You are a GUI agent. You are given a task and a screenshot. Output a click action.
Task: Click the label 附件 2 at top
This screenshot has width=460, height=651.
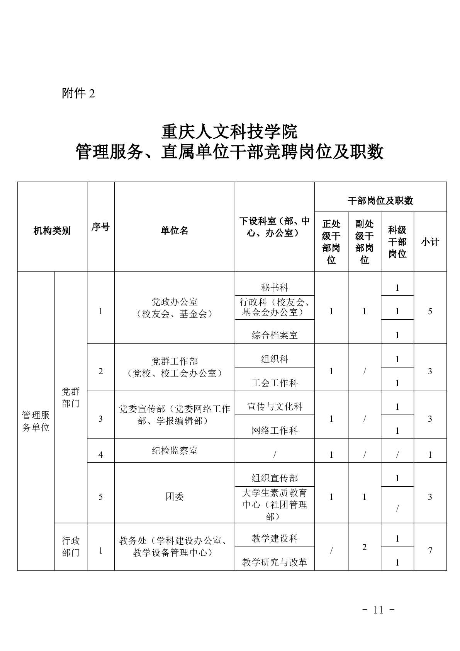tap(78, 94)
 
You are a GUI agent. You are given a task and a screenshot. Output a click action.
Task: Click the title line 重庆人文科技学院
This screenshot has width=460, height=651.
tap(229, 132)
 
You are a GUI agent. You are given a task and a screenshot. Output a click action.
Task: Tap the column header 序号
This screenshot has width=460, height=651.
tap(100, 227)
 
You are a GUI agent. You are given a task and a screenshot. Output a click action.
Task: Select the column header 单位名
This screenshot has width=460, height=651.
tap(175, 231)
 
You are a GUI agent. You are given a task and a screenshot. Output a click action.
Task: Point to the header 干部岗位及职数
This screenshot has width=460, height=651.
tap(380, 201)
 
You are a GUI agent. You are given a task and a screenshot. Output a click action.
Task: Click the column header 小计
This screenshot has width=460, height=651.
tap(430, 242)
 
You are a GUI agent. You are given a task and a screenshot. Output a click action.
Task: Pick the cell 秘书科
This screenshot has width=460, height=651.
tap(275, 287)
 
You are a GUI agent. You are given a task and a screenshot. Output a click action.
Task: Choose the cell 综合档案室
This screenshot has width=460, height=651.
tap(275, 335)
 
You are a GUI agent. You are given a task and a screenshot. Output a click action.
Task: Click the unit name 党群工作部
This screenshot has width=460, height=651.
tap(175, 361)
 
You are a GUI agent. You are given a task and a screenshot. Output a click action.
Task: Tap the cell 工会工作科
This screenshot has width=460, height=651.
tap(275, 383)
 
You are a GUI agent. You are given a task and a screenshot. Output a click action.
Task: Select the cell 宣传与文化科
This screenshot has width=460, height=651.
tap(275, 406)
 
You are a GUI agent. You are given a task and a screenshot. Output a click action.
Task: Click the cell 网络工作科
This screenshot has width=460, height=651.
tap(275, 430)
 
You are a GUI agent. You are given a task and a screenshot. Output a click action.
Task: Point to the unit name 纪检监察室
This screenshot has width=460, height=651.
tap(175, 450)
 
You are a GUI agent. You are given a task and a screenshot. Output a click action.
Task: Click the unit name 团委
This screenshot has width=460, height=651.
tap(175, 497)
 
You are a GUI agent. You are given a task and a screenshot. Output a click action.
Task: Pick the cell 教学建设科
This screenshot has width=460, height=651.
tap(275, 538)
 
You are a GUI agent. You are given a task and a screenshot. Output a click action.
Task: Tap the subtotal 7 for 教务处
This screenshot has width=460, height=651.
tap(430, 550)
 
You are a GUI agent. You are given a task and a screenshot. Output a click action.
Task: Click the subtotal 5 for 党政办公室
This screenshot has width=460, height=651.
tap(430, 311)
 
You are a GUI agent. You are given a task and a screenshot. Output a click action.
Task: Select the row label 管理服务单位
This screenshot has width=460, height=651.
tap(36, 421)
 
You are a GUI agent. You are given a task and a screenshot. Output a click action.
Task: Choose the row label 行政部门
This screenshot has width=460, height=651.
tap(71, 546)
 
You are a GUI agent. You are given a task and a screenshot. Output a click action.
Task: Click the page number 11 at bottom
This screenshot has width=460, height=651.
tap(378, 610)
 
